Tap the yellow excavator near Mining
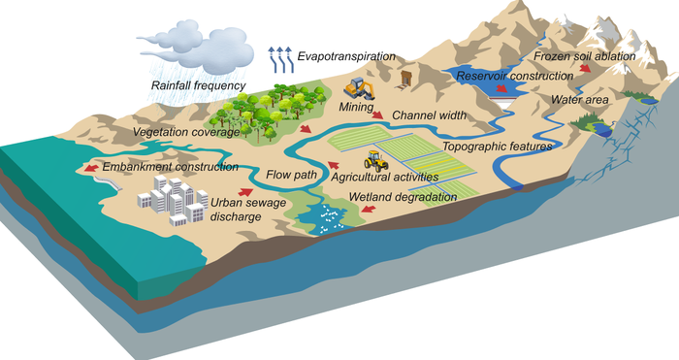coord(360,88)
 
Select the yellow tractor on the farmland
coord(375,161)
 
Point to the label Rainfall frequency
coord(194,85)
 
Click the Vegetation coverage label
coord(181,130)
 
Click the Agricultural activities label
coord(384,178)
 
